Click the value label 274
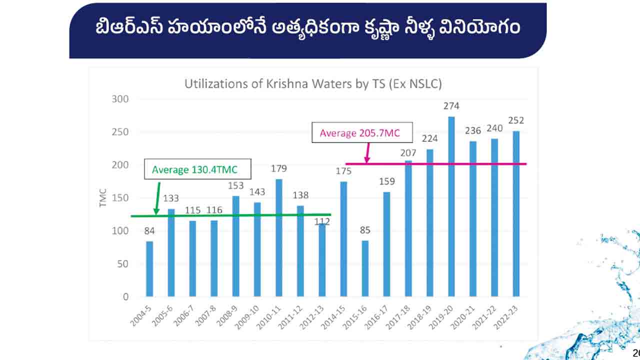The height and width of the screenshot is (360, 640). tap(451, 106)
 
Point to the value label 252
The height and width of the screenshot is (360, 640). tap(516, 120)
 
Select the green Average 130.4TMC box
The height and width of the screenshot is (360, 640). tap(197, 170)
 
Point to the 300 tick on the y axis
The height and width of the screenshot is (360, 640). tap(119, 99)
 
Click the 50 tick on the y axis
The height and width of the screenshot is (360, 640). tap(122, 264)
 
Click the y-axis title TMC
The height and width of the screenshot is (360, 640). tap(103, 198)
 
